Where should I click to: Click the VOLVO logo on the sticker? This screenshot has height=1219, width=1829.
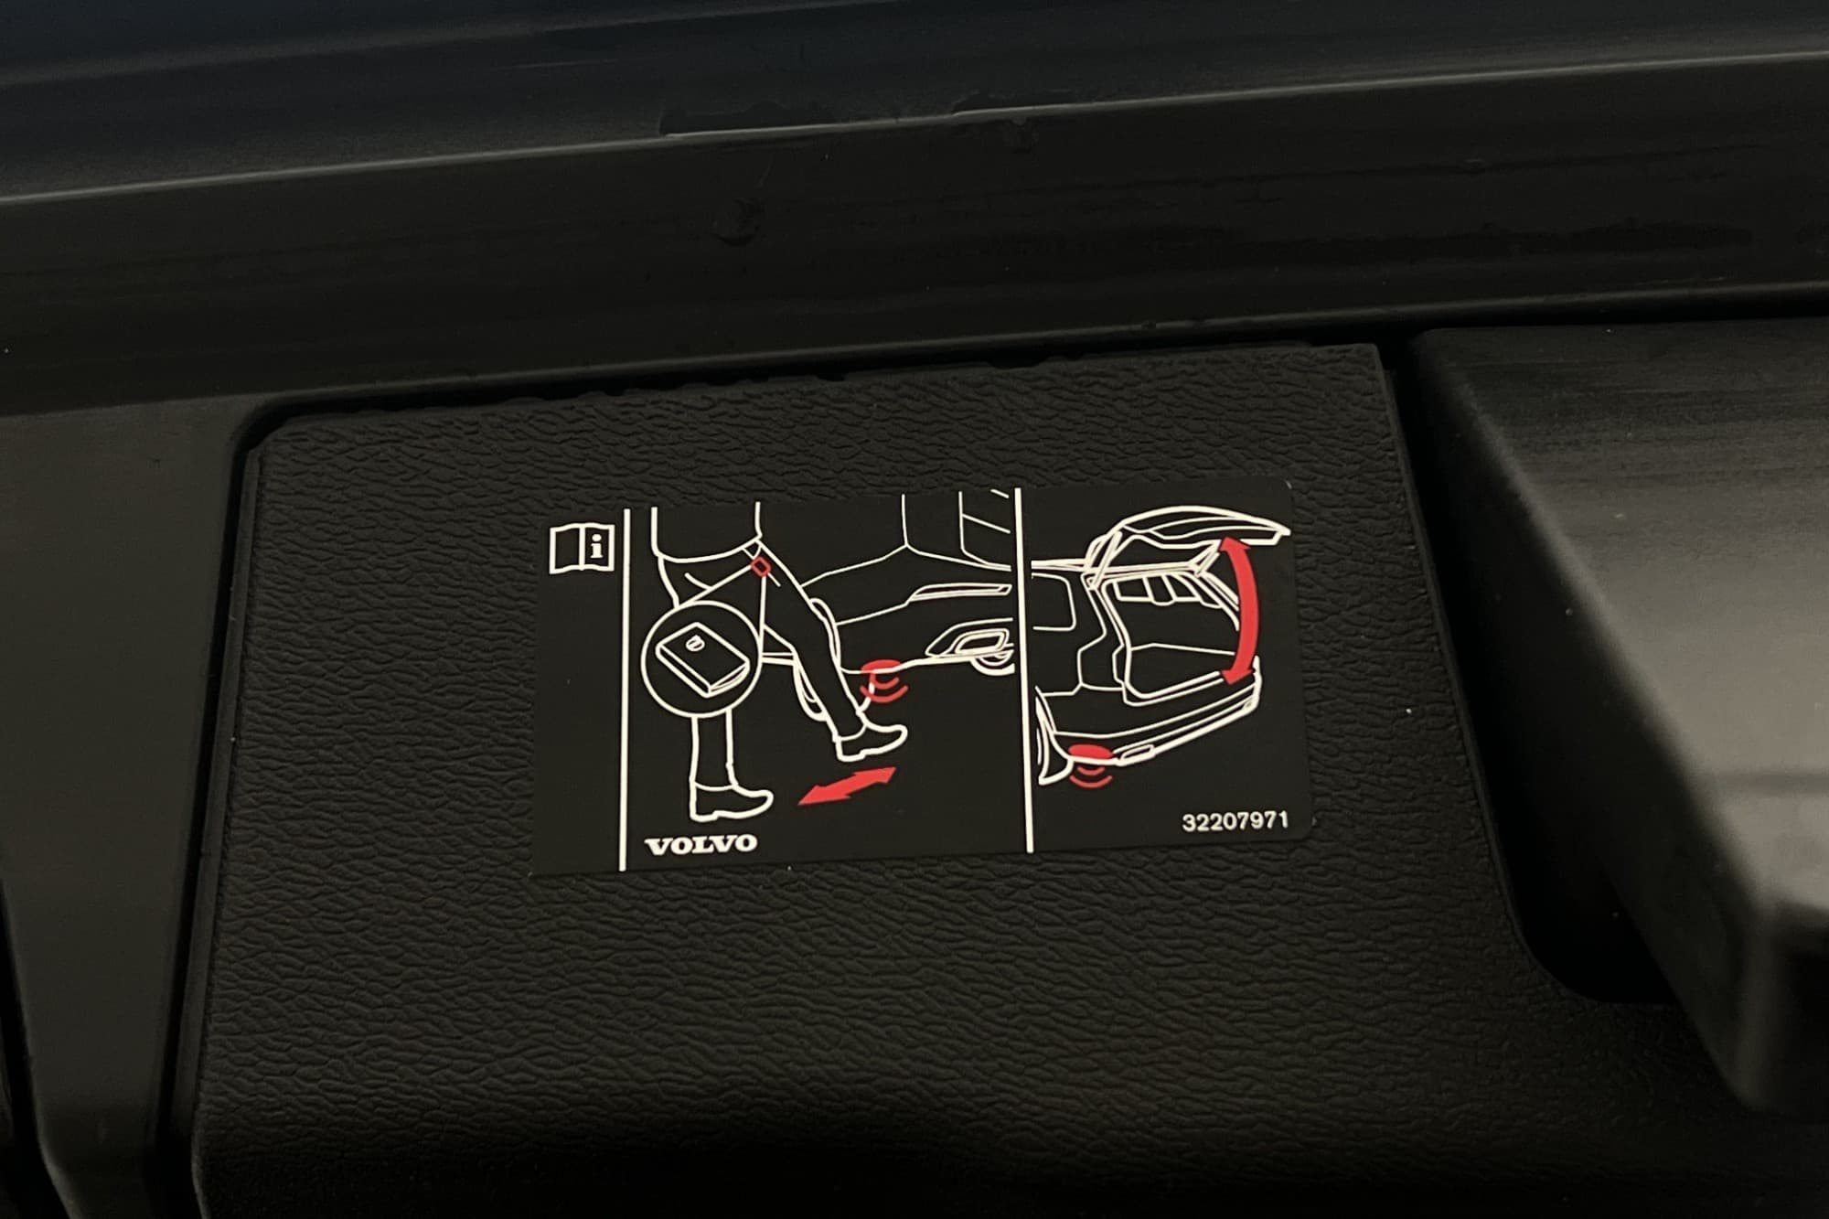(x=701, y=843)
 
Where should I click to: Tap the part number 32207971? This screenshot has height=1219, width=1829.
(x=1235, y=820)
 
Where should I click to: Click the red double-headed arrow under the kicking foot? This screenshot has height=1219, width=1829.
(x=846, y=786)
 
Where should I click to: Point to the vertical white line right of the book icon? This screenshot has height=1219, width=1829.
(x=623, y=686)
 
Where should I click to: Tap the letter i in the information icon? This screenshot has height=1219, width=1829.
(x=596, y=549)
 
